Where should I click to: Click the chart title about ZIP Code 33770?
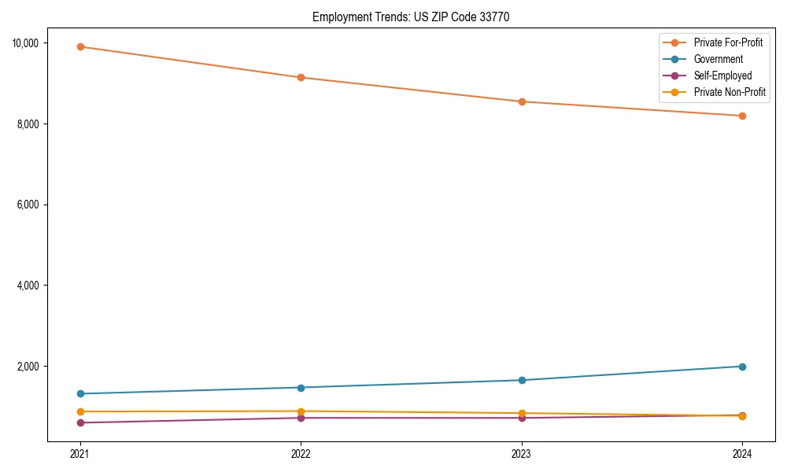[411, 17]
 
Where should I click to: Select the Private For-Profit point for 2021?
[79, 46]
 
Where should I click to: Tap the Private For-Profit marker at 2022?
[301, 77]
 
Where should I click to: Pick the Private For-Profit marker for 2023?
[521, 101]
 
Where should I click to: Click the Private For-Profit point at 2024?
[742, 116]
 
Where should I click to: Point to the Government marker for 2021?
[79, 393]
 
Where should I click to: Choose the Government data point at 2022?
[301, 387]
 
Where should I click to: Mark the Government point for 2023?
[521, 380]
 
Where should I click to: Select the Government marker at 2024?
[742, 367]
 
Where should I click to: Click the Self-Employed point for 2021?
[79, 422]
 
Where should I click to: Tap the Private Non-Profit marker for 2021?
[79, 411]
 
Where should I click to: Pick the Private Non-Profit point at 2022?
[301, 411]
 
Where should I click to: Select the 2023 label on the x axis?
[521, 453]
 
